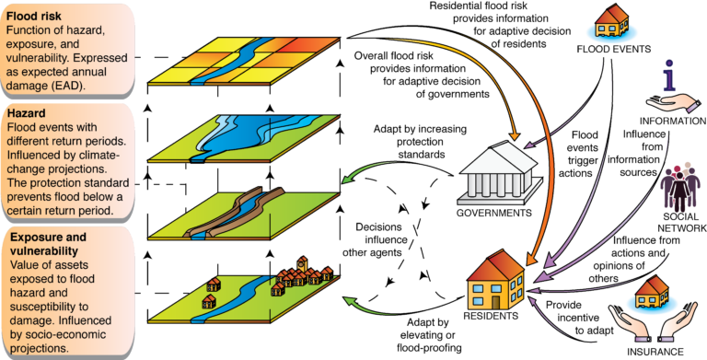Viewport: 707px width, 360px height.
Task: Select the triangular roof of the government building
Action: coord(502,152)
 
